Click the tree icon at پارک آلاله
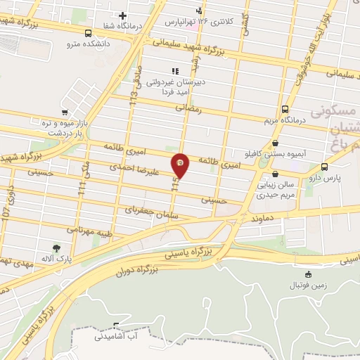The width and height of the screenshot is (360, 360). pyautogui.click(x=56, y=247)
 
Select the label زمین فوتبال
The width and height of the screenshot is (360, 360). pyautogui.click(x=308, y=286)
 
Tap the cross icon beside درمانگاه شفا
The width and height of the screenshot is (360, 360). pyautogui.click(x=122, y=15)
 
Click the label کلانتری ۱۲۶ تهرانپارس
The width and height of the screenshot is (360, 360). pyautogui.click(x=208, y=22)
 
